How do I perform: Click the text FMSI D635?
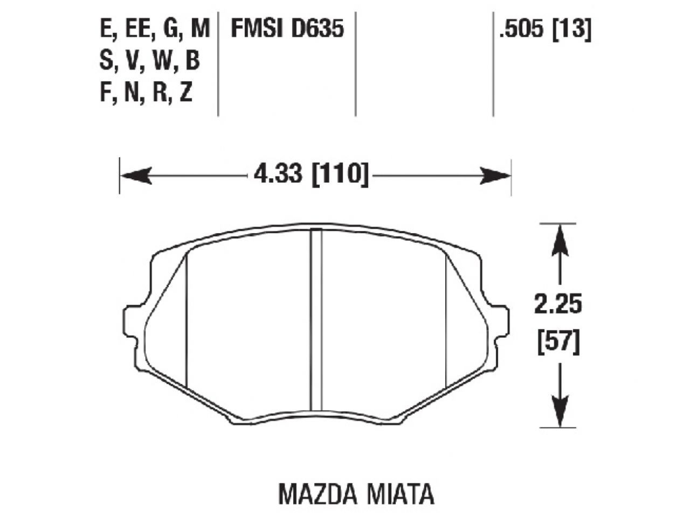pyautogui.click(x=287, y=29)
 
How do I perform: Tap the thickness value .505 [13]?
pyautogui.click(x=545, y=29)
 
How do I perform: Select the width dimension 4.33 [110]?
pyautogui.click(x=311, y=175)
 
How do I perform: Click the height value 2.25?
pyautogui.click(x=558, y=305)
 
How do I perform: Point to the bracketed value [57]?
pyautogui.click(x=558, y=343)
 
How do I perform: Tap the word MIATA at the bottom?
pyautogui.click(x=402, y=493)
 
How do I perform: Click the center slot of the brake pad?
pyautogui.click(x=317, y=323)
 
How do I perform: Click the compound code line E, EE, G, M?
pyautogui.click(x=154, y=29)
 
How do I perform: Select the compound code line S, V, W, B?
pyautogui.click(x=149, y=62)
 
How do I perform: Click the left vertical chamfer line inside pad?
pyautogui.click(x=186, y=323)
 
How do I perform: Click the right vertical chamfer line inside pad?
pyautogui.click(x=447, y=323)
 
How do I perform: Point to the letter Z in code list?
pyautogui.click(x=185, y=94)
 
